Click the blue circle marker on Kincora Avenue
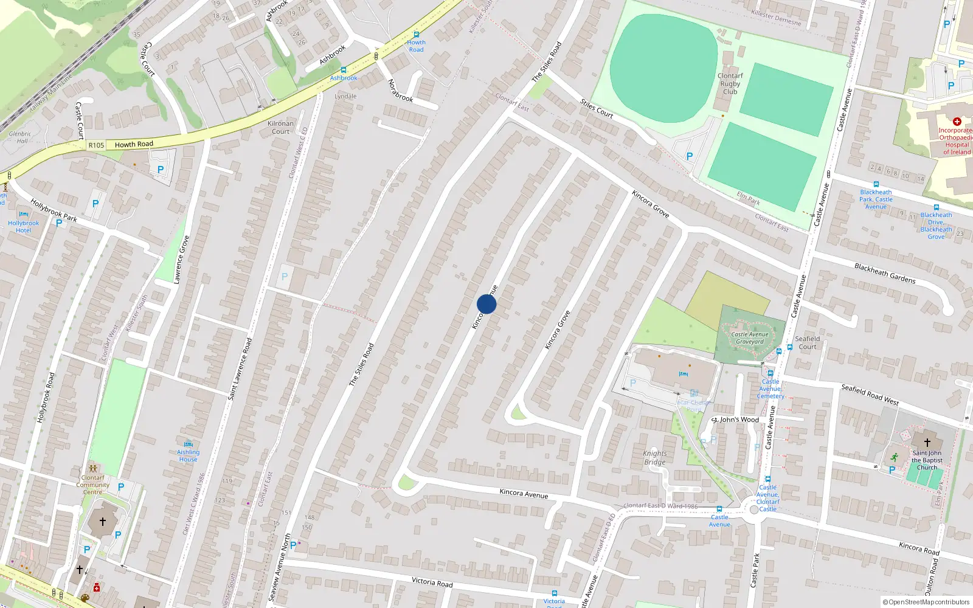coord(486,304)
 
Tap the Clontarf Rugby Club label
coord(730,84)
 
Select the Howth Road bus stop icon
coord(416,35)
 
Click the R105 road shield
coord(96,145)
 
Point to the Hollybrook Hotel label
coord(24,227)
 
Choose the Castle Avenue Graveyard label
coord(749,338)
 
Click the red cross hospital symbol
coord(957,122)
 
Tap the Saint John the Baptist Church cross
coord(927,443)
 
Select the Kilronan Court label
coord(280,127)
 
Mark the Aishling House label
coord(188,455)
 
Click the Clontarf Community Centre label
coord(93,485)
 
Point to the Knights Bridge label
coord(654,458)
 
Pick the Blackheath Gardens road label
coord(885,274)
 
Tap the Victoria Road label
coord(432,582)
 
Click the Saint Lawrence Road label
coord(240,369)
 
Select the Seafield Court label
coord(808,343)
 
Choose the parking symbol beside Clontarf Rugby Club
coord(689,156)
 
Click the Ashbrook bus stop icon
coord(344,71)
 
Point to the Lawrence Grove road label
coord(181,260)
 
